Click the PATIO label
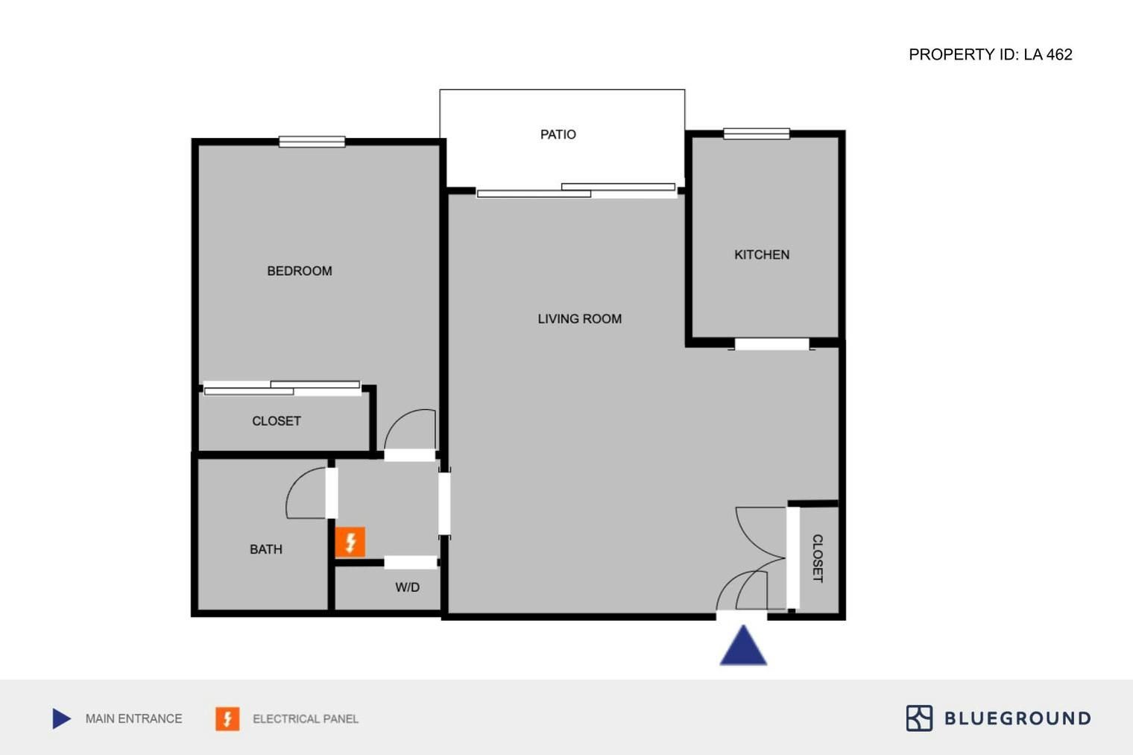coord(558,135)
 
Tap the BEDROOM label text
coord(300,271)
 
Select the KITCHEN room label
coord(762,255)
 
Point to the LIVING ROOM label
coord(579,319)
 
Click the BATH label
coord(266,549)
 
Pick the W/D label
coord(407,587)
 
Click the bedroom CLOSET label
coord(277,421)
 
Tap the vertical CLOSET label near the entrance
coord(817,558)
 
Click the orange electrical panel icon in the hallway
coord(350,543)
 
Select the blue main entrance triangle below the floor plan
coord(743,647)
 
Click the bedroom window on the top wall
coord(312,142)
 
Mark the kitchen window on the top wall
coord(756,134)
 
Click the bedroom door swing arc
coord(409,428)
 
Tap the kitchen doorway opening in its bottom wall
coord(771,344)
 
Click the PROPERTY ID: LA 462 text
coord(990,54)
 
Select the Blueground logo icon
coord(919,718)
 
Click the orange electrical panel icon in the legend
coord(227,718)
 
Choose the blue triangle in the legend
coord(61,718)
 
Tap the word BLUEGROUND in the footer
coord(1017,718)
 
